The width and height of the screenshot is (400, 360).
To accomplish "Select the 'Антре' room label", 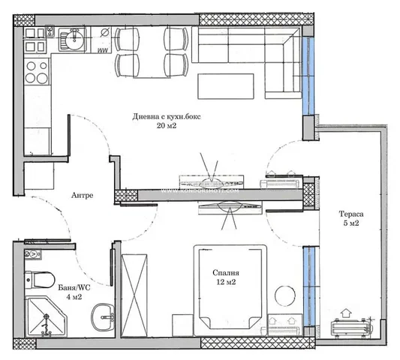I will point(83,195).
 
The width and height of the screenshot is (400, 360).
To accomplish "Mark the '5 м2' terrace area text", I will point(350,223).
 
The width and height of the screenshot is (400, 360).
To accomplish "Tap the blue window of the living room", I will point(308,76).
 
